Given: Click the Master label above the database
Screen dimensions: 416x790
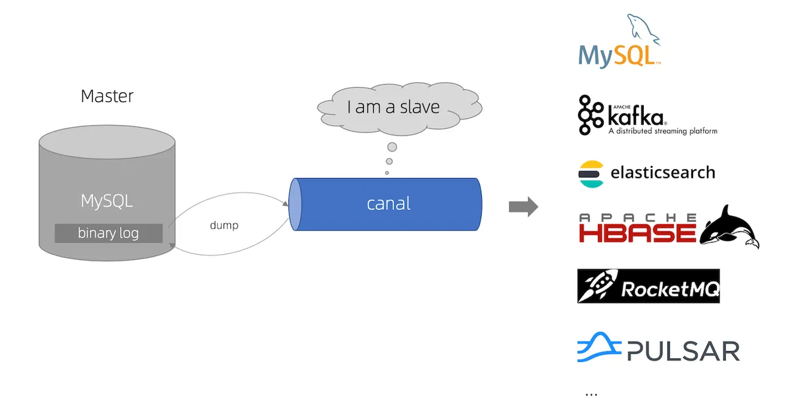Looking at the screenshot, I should (x=107, y=96).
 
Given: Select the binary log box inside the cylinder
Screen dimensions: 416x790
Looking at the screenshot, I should (x=109, y=233).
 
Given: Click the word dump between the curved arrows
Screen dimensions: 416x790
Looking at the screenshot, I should (x=224, y=225).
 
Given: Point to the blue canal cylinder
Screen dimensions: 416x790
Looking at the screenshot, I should (x=388, y=204).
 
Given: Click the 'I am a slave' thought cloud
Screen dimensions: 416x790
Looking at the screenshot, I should (x=393, y=107).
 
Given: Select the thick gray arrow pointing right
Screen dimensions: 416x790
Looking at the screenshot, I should (x=523, y=207).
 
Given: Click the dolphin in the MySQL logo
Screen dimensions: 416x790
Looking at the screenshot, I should (x=643, y=30).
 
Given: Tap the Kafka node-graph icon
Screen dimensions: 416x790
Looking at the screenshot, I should (x=590, y=115).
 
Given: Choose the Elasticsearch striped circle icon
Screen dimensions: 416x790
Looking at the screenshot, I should (x=591, y=174).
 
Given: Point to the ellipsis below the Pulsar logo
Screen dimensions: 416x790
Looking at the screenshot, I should (x=591, y=394).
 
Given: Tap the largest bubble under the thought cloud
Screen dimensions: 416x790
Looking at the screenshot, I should (x=392, y=147).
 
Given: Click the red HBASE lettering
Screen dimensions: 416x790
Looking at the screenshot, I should (x=637, y=232).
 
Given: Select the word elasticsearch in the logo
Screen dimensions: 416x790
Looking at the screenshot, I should (x=662, y=173).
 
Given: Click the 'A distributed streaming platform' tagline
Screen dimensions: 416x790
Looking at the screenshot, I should (x=662, y=131).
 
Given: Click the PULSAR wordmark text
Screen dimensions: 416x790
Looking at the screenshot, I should (x=683, y=351).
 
